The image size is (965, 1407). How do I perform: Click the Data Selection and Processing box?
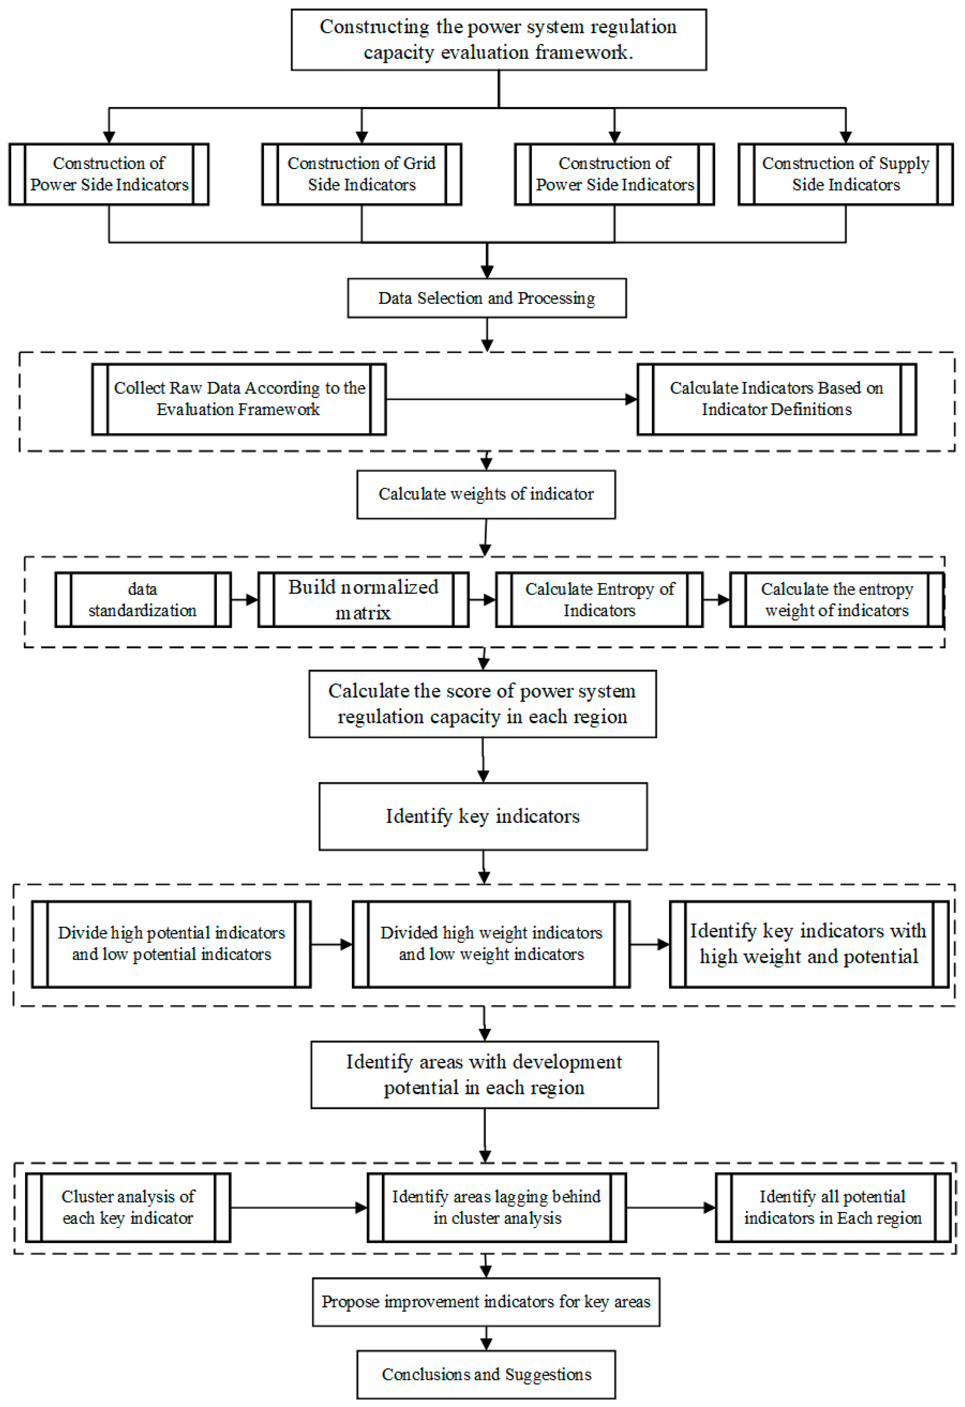(486, 298)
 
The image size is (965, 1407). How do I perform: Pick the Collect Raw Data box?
(239, 399)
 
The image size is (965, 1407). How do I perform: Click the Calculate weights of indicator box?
(486, 494)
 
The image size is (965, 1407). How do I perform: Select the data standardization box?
(142, 599)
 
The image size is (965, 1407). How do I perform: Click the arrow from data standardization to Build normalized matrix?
(244, 599)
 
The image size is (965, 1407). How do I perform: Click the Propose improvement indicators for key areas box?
(486, 1302)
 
